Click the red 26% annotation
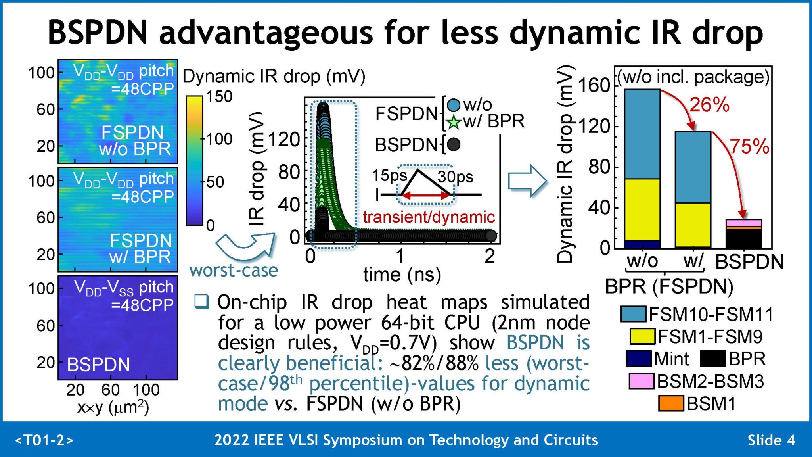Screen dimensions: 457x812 pyautogui.click(x=709, y=105)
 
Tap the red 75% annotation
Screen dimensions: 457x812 pyautogui.click(x=749, y=146)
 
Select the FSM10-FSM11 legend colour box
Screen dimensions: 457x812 pyautogui.click(x=633, y=314)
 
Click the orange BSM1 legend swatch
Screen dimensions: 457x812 pyautogui.click(x=671, y=403)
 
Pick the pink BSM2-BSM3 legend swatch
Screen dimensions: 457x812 pyautogui.click(x=641, y=381)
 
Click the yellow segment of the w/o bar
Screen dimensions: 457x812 pyautogui.click(x=642, y=209)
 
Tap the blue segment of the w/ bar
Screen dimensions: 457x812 pyautogui.click(x=693, y=167)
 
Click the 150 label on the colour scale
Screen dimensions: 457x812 pyautogui.click(x=219, y=96)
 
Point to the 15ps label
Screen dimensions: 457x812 pyautogui.click(x=389, y=176)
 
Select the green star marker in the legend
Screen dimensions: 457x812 pyautogui.click(x=453, y=123)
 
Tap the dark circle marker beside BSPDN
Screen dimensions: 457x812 pyautogui.click(x=453, y=144)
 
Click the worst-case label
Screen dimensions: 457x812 pyautogui.click(x=234, y=271)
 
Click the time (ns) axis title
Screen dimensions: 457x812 pyautogui.click(x=402, y=275)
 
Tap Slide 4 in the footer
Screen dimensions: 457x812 pyautogui.click(x=771, y=440)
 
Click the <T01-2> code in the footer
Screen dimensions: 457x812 pyautogui.click(x=44, y=440)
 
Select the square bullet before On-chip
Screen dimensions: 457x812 pyautogui.click(x=201, y=302)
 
